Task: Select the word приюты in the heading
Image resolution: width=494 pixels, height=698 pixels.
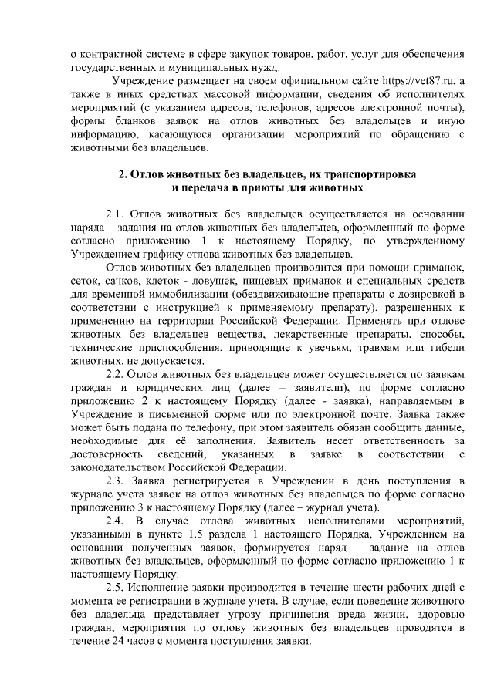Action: coord(245,188)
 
